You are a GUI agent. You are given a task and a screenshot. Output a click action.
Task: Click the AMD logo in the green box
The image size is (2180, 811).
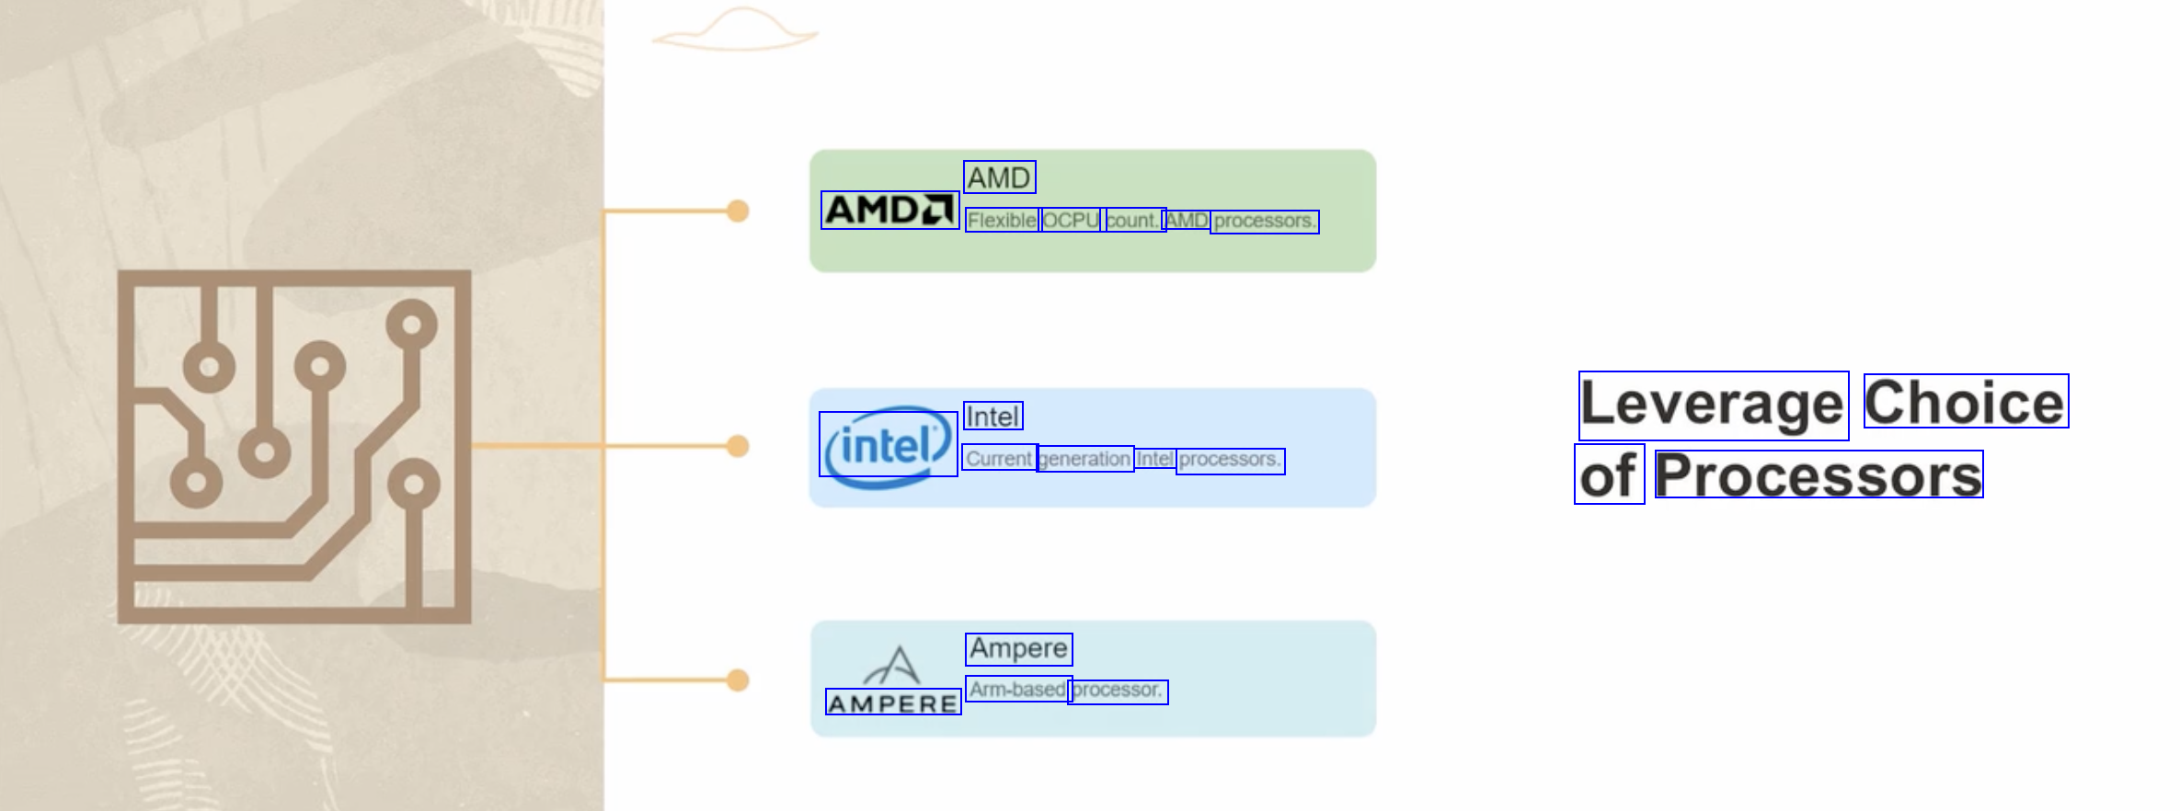(889, 211)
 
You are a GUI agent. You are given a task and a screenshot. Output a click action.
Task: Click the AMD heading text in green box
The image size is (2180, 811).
(999, 177)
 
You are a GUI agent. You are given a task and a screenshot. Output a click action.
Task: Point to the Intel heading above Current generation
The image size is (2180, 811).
(992, 417)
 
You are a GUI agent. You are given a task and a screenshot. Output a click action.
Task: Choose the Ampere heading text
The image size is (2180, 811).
(1018, 649)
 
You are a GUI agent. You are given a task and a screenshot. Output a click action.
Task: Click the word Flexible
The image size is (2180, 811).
(1002, 221)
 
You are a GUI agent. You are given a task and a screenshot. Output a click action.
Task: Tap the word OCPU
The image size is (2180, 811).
(1071, 221)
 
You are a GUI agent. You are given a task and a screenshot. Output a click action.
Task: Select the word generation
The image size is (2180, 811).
(1085, 459)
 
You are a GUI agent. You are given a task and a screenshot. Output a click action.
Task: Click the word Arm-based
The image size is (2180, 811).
(1017, 690)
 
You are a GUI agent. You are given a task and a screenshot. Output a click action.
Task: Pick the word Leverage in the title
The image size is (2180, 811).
(1713, 405)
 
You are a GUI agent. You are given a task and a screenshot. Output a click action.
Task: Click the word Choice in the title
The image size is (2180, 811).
(1965, 402)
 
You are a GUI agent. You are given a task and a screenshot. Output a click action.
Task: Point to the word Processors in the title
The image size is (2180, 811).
(1819, 475)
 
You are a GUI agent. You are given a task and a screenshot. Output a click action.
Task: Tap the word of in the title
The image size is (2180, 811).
(1609, 475)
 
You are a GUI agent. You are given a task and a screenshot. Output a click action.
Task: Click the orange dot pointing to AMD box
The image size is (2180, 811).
(738, 211)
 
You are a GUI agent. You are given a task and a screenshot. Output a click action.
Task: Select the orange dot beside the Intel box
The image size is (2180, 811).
(738, 446)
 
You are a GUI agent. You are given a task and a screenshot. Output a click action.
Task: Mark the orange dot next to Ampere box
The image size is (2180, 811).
(738, 680)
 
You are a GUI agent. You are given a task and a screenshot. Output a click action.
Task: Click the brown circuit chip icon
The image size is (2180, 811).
(294, 447)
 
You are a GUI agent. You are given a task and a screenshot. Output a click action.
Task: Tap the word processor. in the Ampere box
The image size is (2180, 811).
(1118, 691)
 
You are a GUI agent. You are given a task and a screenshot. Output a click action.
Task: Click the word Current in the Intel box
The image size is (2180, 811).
(1000, 459)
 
